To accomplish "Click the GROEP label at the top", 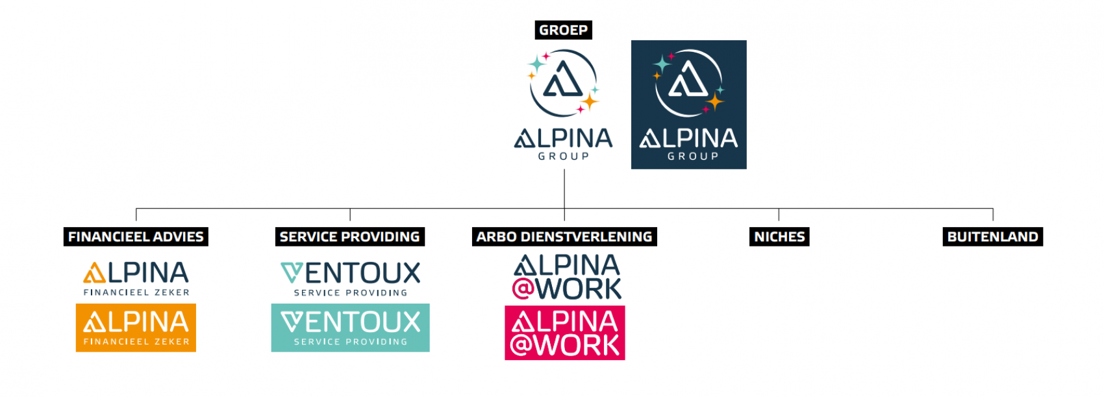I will (x=563, y=30).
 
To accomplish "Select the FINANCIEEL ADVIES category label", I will (x=136, y=237).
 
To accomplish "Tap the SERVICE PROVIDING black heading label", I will (x=349, y=237).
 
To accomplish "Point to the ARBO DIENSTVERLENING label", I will (x=564, y=237).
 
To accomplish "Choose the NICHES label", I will (x=779, y=237).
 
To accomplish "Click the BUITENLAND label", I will (x=992, y=237).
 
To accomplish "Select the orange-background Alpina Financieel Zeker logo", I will (x=136, y=328).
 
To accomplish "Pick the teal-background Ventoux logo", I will (x=350, y=328).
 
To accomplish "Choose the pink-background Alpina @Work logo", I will (x=564, y=333).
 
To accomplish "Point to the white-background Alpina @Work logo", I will (x=566, y=277).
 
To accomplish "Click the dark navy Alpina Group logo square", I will (x=688, y=104).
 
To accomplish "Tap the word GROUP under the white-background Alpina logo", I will (x=563, y=156).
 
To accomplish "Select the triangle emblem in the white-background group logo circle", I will (x=562, y=80).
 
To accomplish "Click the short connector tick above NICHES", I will (x=779, y=215).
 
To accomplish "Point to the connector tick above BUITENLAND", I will (x=993, y=215).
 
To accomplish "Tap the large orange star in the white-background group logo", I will (x=590, y=101).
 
